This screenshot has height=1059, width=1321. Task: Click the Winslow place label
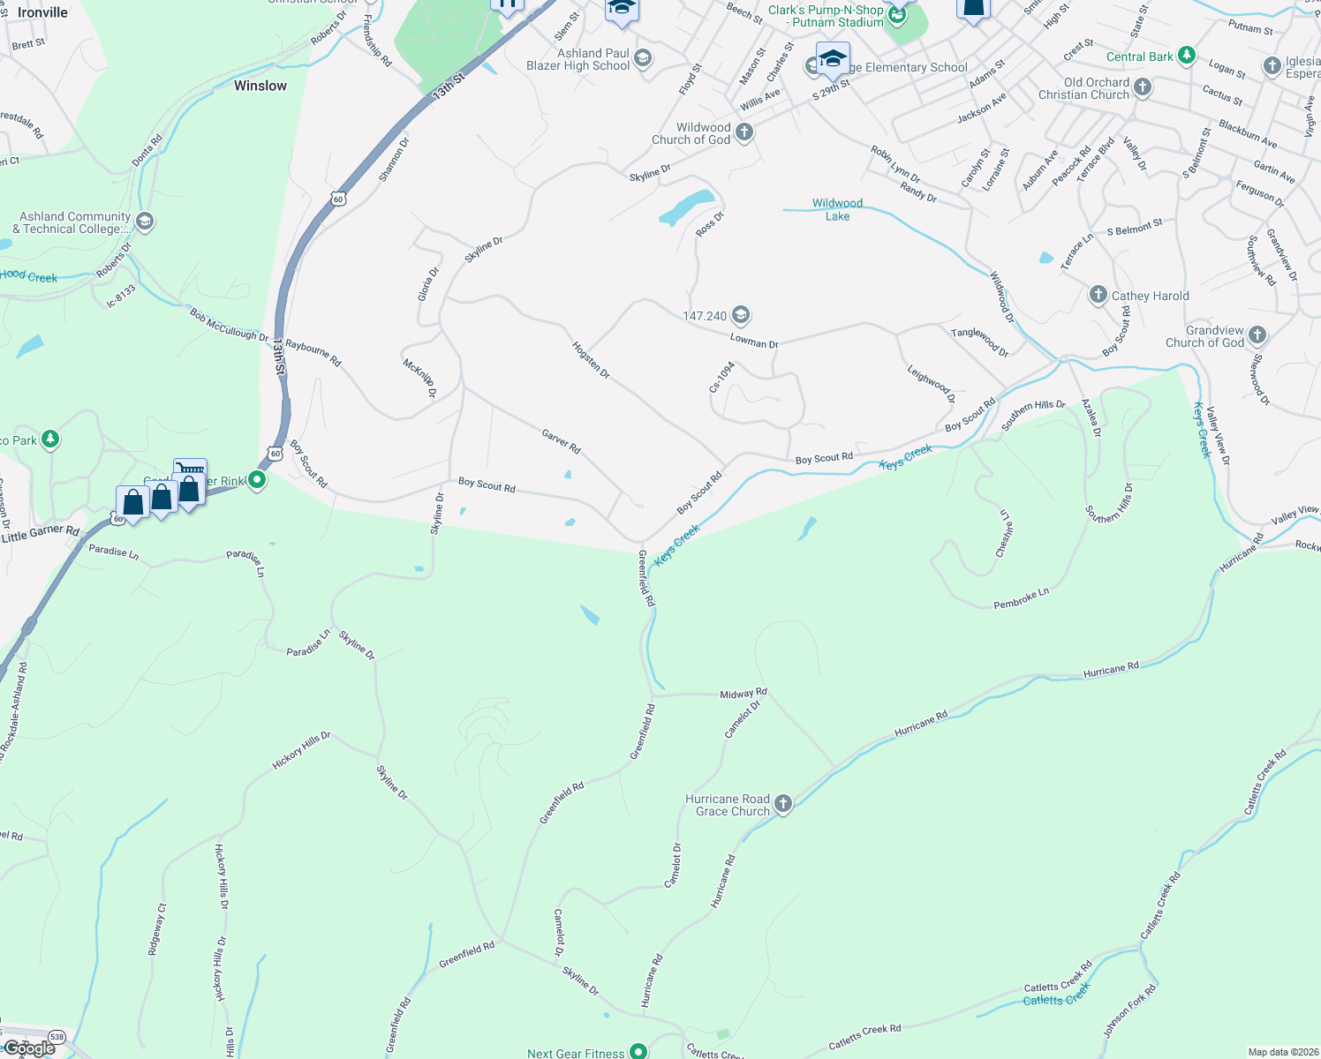[260, 86]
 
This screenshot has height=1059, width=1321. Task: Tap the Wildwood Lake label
[837, 209]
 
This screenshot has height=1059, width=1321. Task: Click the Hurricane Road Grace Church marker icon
[782, 803]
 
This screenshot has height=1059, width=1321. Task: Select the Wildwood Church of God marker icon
[744, 132]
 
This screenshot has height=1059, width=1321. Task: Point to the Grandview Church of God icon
[1257, 334]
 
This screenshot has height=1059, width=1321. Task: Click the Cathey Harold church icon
[1098, 295]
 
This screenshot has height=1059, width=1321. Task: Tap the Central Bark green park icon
[1187, 56]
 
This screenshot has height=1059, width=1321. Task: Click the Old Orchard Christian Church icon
[1143, 86]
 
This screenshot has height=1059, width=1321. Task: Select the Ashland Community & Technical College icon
[145, 221]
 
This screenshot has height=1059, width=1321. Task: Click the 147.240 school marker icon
[741, 314]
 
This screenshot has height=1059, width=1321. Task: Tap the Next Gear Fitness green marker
[638, 1051]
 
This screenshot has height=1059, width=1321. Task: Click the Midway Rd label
[744, 694]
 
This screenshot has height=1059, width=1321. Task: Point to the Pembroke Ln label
[1021, 598]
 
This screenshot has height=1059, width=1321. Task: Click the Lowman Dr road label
[754, 342]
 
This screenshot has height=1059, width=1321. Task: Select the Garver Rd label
[561, 441]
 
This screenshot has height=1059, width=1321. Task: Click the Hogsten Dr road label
[591, 360]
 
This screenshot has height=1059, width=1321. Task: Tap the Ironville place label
[42, 12]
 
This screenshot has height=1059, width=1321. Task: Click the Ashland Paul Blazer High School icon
[643, 58]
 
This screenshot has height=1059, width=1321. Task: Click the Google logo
[29, 1048]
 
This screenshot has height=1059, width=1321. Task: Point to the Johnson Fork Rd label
[1129, 1011]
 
